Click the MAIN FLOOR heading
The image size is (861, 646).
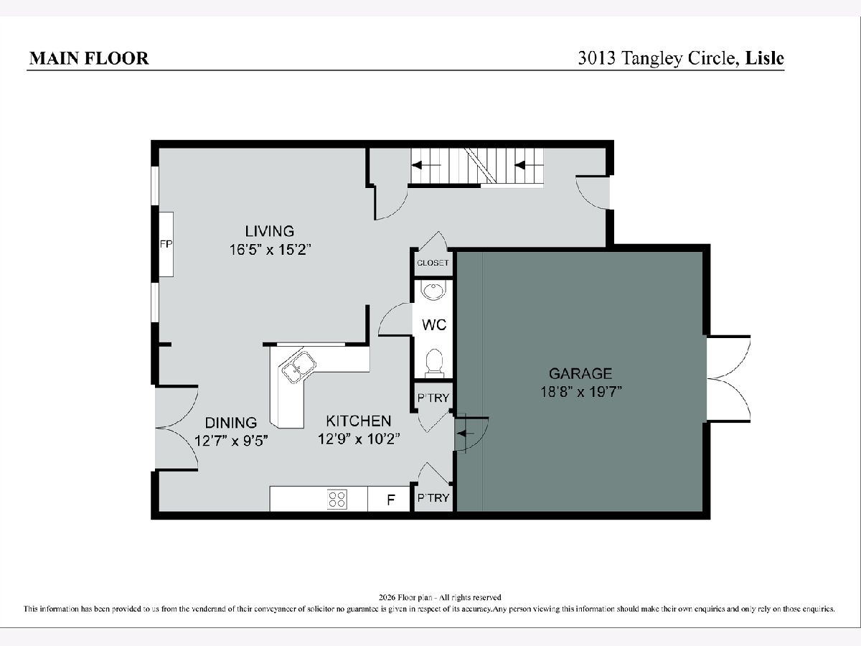click(x=89, y=58)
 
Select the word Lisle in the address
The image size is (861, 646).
click(x=765, y=58)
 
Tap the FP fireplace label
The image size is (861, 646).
click(x=166, y=244)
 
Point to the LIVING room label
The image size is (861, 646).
click(x=270, y=231)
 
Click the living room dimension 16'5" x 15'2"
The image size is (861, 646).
click(x=270, y=250)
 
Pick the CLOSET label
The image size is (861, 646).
click(x=433, y=263)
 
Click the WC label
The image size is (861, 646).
click(x=434, y=324)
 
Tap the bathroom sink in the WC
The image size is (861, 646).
click(x=434, y=290)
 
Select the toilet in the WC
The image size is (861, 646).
click(x=434, y=363)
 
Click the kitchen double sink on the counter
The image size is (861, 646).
click(x=299, y=368)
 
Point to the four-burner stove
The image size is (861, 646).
click(x=337, y=500)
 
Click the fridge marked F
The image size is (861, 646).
click(x=389, y=499)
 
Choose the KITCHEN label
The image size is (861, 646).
click(x=359, y=421)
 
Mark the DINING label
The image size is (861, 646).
click(x=231, y=423)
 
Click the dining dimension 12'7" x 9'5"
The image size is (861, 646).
click(x=232, y=441)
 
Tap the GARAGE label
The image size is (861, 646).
click(x=580, y=373)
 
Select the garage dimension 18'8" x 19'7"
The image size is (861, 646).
click(x=581, y=392)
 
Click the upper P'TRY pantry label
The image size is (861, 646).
click(x=433, y=398)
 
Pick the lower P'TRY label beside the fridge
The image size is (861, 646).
click(x=433, y=497)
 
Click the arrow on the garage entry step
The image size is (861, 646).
click(x=466, y=434)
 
